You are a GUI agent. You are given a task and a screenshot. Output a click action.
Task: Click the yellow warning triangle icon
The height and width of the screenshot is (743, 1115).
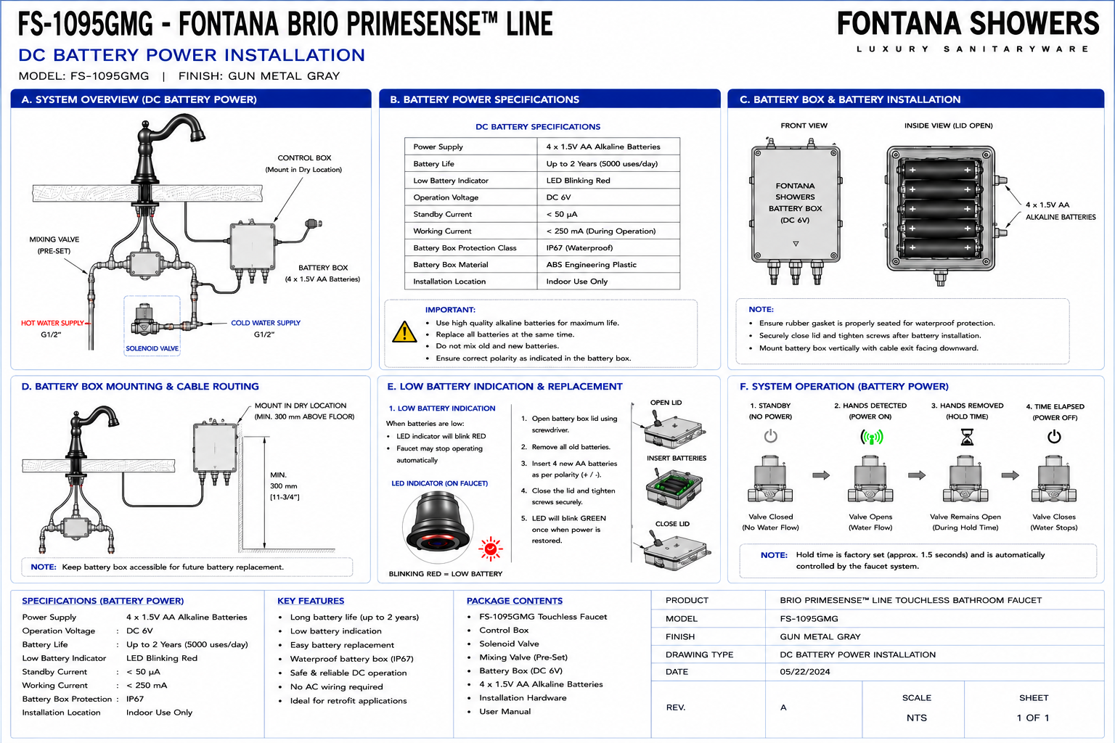tap(404, 332)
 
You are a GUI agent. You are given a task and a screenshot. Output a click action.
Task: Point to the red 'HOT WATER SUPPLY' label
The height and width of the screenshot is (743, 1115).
tap(52, 323)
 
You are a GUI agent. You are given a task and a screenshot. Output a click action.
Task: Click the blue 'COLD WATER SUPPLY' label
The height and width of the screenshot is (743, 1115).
tap(266, 322)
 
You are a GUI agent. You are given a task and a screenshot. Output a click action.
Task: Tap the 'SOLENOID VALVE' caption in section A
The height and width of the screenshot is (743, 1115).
tap(152, 348)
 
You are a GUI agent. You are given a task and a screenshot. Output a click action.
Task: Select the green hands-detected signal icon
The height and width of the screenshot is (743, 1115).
tap(872, 437)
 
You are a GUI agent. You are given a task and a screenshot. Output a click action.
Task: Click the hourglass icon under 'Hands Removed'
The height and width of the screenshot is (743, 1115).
tap(967, 437)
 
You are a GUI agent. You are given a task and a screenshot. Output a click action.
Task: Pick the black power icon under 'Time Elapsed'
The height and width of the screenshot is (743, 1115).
tap(1054, 437)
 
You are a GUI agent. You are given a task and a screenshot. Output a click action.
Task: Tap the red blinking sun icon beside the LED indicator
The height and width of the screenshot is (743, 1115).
tap(490, 549)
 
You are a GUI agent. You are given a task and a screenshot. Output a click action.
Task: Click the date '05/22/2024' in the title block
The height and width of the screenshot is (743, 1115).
tap(805, 671)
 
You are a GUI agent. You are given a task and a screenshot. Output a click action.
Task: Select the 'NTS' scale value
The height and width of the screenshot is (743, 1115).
tap(916, 718)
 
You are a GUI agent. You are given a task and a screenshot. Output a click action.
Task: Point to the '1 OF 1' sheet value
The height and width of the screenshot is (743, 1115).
tap(1033, 718)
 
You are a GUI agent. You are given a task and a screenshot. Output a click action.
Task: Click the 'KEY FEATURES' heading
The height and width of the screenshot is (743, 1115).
tap(311, 601)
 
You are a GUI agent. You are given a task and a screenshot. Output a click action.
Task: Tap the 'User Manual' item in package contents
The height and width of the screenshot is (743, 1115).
tap(505, 711)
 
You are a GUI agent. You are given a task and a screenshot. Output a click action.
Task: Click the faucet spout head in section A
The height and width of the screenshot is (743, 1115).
tap(197, 134)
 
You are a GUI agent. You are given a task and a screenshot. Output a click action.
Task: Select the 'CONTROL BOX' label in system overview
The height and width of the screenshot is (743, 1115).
tap(304, 157)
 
